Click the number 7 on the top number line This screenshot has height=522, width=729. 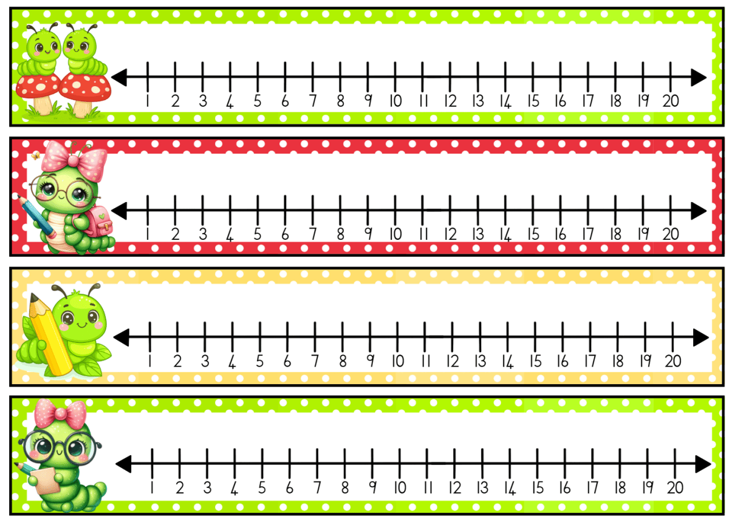pyautogui.click(x=313, y=101)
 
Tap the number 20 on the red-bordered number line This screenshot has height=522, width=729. pyautogui.click(x=670, y=234)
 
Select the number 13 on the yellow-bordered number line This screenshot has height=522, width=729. pyautogui.click(x=481, y=361)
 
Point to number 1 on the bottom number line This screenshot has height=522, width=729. pyautogui.click(x=151, y=487)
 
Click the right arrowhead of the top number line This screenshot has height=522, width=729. pyautogui.click(x=699, y=78)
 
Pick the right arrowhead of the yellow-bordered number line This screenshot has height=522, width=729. pyautogui.click(x=701, y=337)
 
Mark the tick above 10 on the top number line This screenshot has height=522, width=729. pyautogui.click(x=395, y=77)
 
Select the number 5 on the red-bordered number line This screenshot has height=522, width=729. pyautogui.click(x=258, y=234)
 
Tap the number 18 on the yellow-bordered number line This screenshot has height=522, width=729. pyautogui.click(x=618, y=361)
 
